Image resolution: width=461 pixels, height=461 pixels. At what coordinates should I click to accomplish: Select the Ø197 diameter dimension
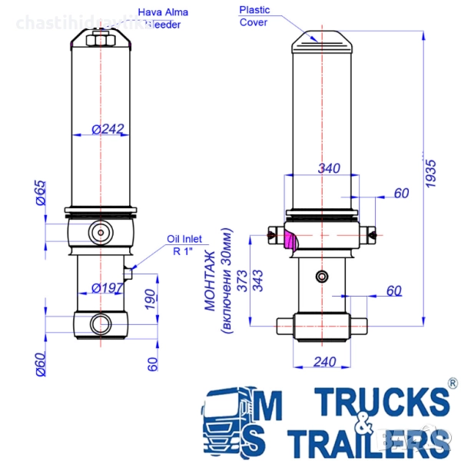click(108, 288)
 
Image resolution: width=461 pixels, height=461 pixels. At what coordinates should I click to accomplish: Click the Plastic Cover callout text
click(254, 15)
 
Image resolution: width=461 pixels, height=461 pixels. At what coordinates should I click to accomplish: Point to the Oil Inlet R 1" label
click(184, 244)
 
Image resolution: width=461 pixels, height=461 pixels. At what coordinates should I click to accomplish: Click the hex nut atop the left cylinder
click(101, 39)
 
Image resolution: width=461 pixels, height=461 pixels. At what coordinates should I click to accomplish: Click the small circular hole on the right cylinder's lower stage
click(320, 276)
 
